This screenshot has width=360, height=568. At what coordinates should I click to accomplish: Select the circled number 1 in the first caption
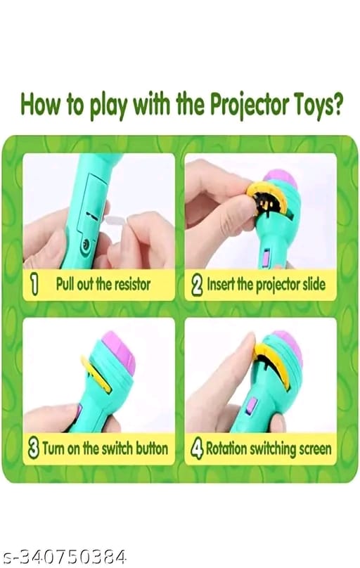(x=33, y=285)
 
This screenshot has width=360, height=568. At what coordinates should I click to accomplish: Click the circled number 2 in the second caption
(x=197, y=285)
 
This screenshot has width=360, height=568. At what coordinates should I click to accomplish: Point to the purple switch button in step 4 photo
(x=251, y=406)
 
